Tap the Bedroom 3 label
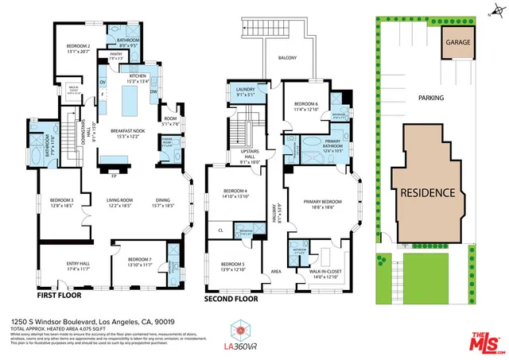pyautogui.click(x=61, y=203)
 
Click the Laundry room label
pyautogui.click(x=239, y=92)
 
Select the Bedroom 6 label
pyautogui.click(x=305, y=106)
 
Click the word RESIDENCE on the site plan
pyautogui.click(x=427, y=192)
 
